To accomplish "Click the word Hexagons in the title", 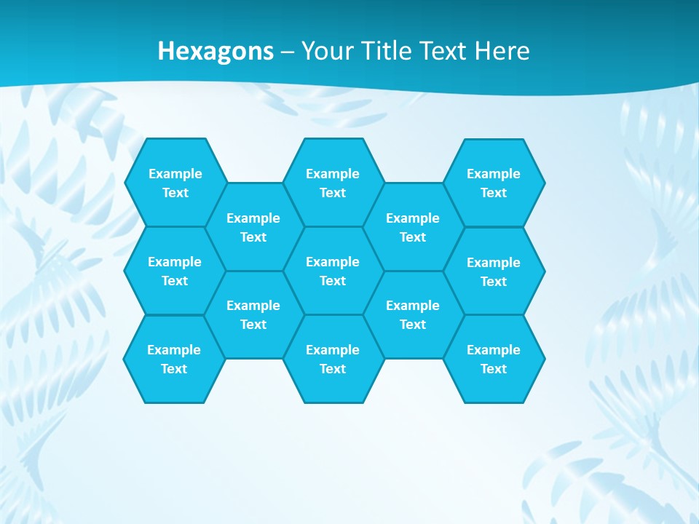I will [x=216, y=51].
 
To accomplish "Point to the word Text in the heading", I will [x=444, y=51].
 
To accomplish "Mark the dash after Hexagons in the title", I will [x=288, y=52].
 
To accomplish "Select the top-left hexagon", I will [x=175, y=183].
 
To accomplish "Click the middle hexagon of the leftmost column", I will [x=175, y=271].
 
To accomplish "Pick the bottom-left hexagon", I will [x=174, y=359].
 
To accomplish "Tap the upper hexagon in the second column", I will [x=253, y=227].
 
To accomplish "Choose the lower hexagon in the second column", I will [x=253, y=314].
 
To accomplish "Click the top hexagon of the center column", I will [x=333, y=183].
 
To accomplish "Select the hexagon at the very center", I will [x=333, y=271].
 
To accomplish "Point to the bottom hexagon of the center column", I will [x=333, y=359].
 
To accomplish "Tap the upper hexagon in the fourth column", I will [x=413, y=227].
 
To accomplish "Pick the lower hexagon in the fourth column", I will [x=413, y=314].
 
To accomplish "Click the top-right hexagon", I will [x=494, y=183].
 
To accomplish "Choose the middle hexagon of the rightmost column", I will [x=494, y=271].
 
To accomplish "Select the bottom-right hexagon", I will [x=494, y=359].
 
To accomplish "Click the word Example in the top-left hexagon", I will [x=175, y=173].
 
